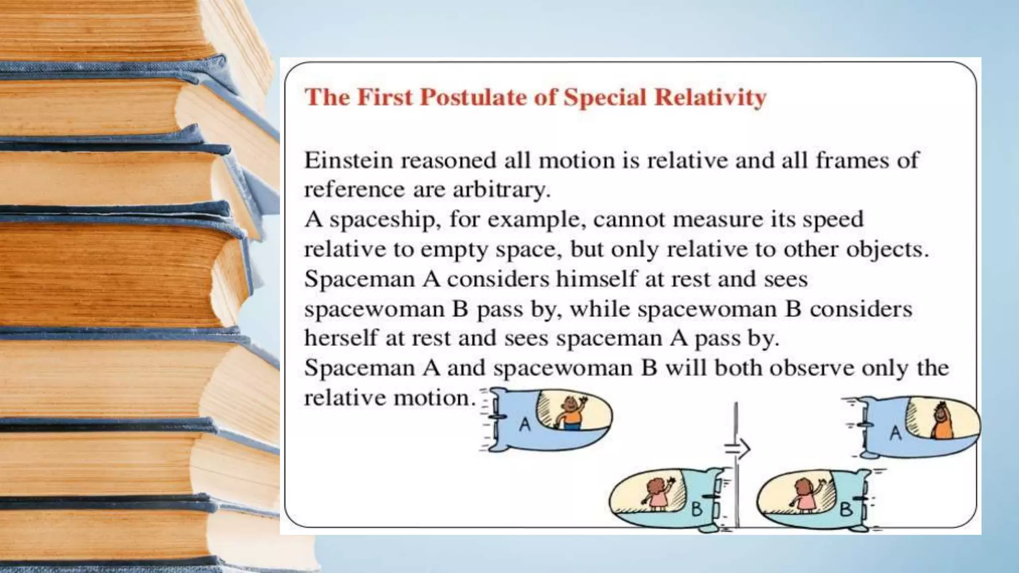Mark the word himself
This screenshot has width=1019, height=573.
[x=596, y=279]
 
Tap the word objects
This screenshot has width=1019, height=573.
[x=887, y=249]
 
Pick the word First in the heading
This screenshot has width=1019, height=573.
[x=385, y=97]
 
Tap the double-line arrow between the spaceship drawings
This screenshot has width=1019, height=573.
[x=738, y=449]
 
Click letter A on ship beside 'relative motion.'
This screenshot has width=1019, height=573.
[x=525, y=424]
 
